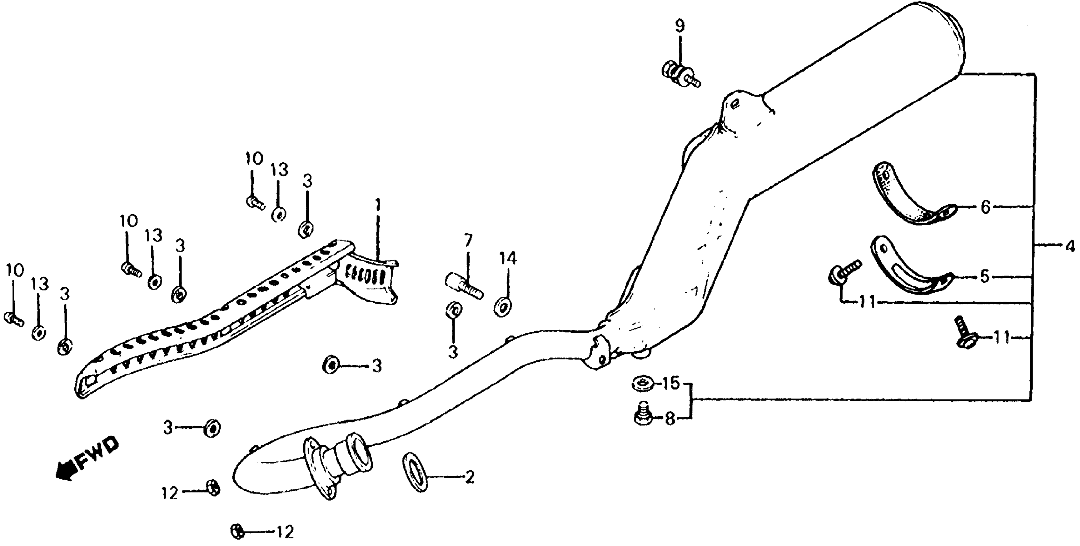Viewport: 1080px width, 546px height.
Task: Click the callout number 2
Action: pyautogui.click(x=469, y=477)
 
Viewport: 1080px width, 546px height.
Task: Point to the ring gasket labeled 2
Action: pyautogui.click(x=415, y=471)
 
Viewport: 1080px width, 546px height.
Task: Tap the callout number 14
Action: pyautogui.click(x=508, y=259)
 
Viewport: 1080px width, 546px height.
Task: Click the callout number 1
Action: pyautogui.click(x=378, y=205)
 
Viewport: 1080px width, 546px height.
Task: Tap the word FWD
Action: pyautogui.click(x=97, y=455)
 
